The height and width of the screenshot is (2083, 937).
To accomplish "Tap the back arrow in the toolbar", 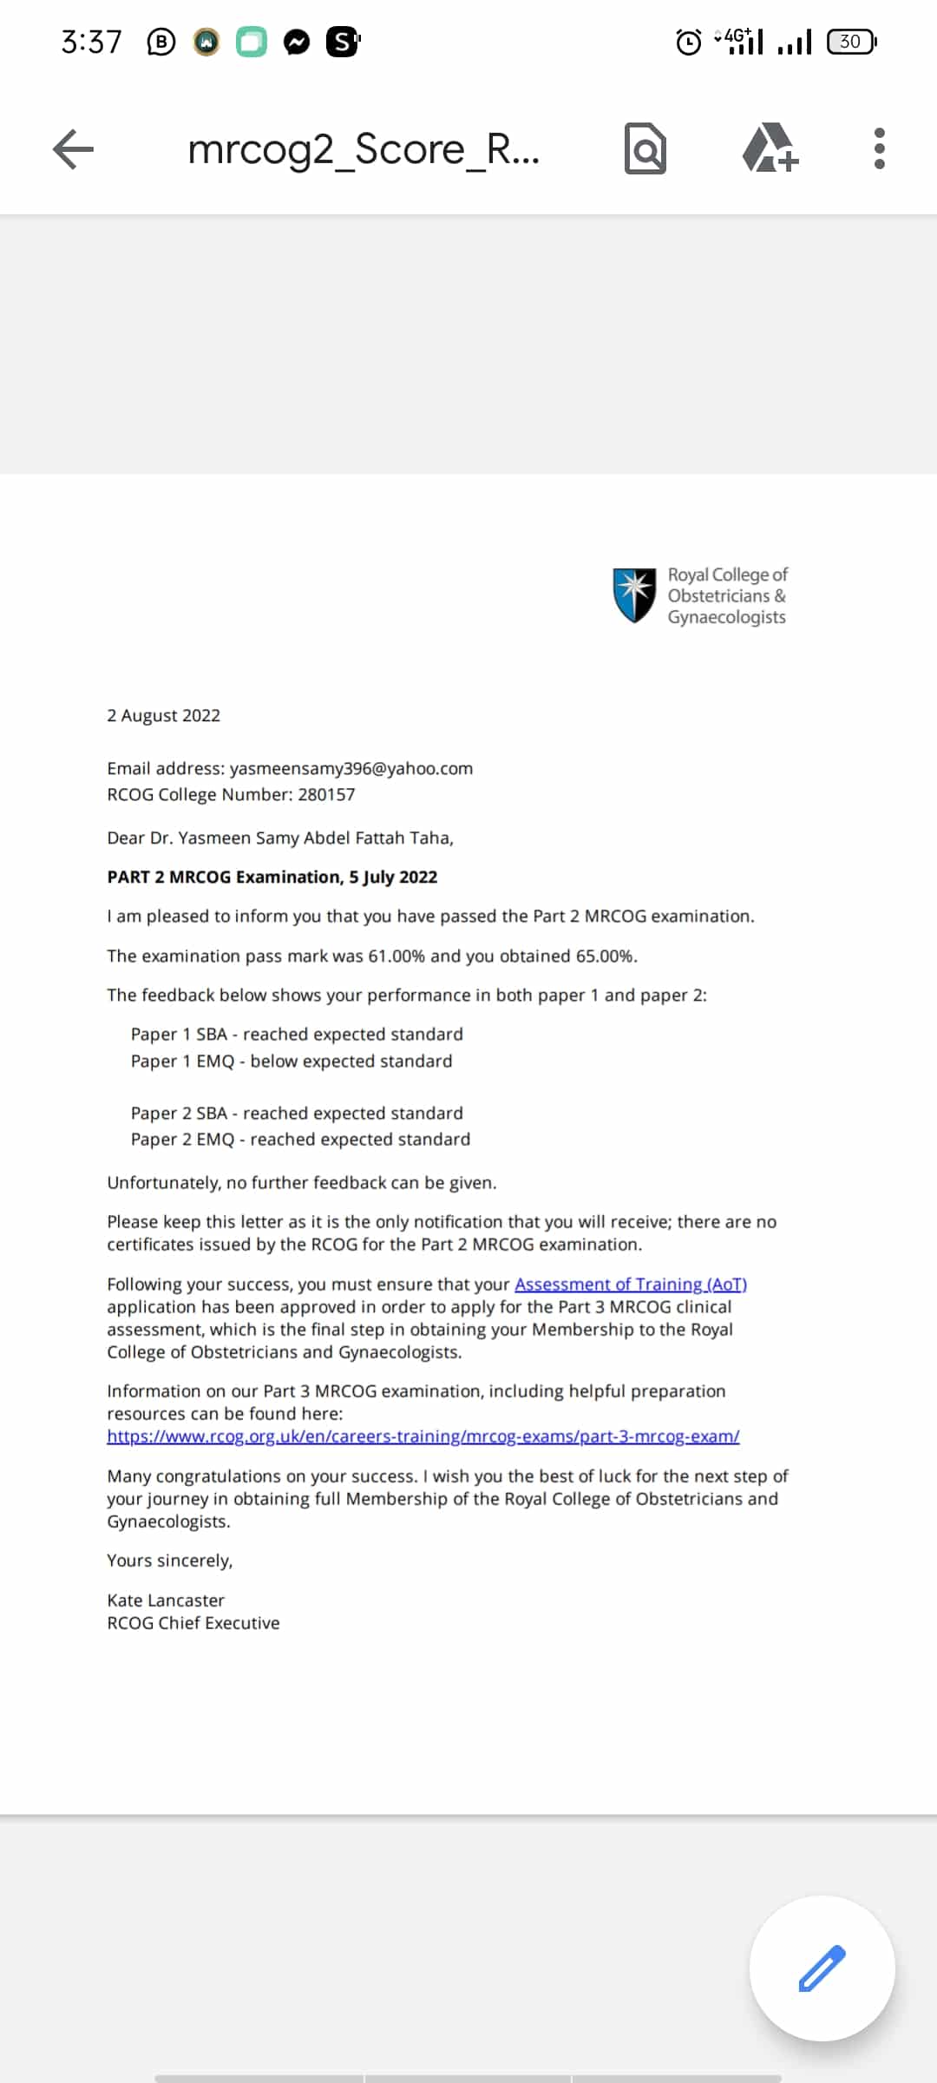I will pos(73,148).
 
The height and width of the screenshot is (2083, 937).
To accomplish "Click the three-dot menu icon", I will pos(879,148).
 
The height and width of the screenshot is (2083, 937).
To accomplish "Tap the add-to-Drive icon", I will pos(770,148).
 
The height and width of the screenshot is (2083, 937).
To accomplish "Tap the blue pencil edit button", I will pos(822,1968).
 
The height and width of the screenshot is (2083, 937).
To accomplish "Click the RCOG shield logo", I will pos(634,595).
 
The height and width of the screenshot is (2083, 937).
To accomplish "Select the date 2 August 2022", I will pos(163,715).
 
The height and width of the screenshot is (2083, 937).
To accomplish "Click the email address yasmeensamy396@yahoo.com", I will pos(351,768).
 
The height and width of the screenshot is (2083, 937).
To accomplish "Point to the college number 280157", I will pos(326,794).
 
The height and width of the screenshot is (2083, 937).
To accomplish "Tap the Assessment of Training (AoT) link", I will pos(631,1284).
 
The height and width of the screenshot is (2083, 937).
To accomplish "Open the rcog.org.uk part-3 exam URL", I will pos(423,1436).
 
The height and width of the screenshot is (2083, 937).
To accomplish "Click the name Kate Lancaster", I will pos(166,1600).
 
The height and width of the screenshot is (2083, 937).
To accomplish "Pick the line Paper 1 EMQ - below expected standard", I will pos(292,1061).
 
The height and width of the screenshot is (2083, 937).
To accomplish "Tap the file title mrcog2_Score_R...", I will pos(364,148).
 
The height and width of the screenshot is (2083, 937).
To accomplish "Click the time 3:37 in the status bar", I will pos(91,42).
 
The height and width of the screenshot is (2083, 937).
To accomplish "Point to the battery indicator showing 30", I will pos(851,42).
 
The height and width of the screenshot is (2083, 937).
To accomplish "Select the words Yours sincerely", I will pos(169,1561).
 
